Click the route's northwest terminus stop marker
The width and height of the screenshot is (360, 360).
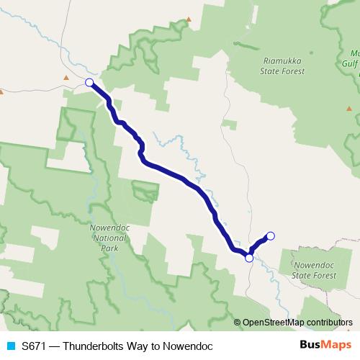(x=89, y=83)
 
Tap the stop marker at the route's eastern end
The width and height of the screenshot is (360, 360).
(x=271, y=235)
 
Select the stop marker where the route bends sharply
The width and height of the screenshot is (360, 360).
(x=249, y=258)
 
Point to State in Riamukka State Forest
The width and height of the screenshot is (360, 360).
(x=271, y=71)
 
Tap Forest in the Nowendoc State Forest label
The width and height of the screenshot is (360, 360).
(x=323, y=276)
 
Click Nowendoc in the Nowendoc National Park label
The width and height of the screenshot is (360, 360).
(x=109, y=229)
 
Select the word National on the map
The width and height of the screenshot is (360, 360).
(x=109, y=238)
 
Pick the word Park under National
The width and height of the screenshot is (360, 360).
(x=109, y=248)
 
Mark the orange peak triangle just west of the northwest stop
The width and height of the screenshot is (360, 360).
(x=66, y=77)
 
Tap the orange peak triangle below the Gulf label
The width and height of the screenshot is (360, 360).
(x=349, y=108)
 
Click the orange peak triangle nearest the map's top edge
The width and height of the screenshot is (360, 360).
(x=189, y=19)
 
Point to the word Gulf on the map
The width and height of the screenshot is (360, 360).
(x=354, y=63)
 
